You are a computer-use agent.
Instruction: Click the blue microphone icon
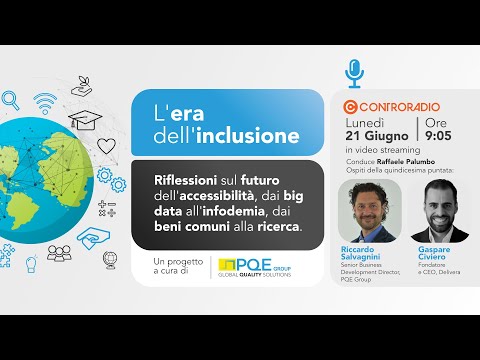(353, 72)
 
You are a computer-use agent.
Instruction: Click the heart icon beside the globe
(105, 145)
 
